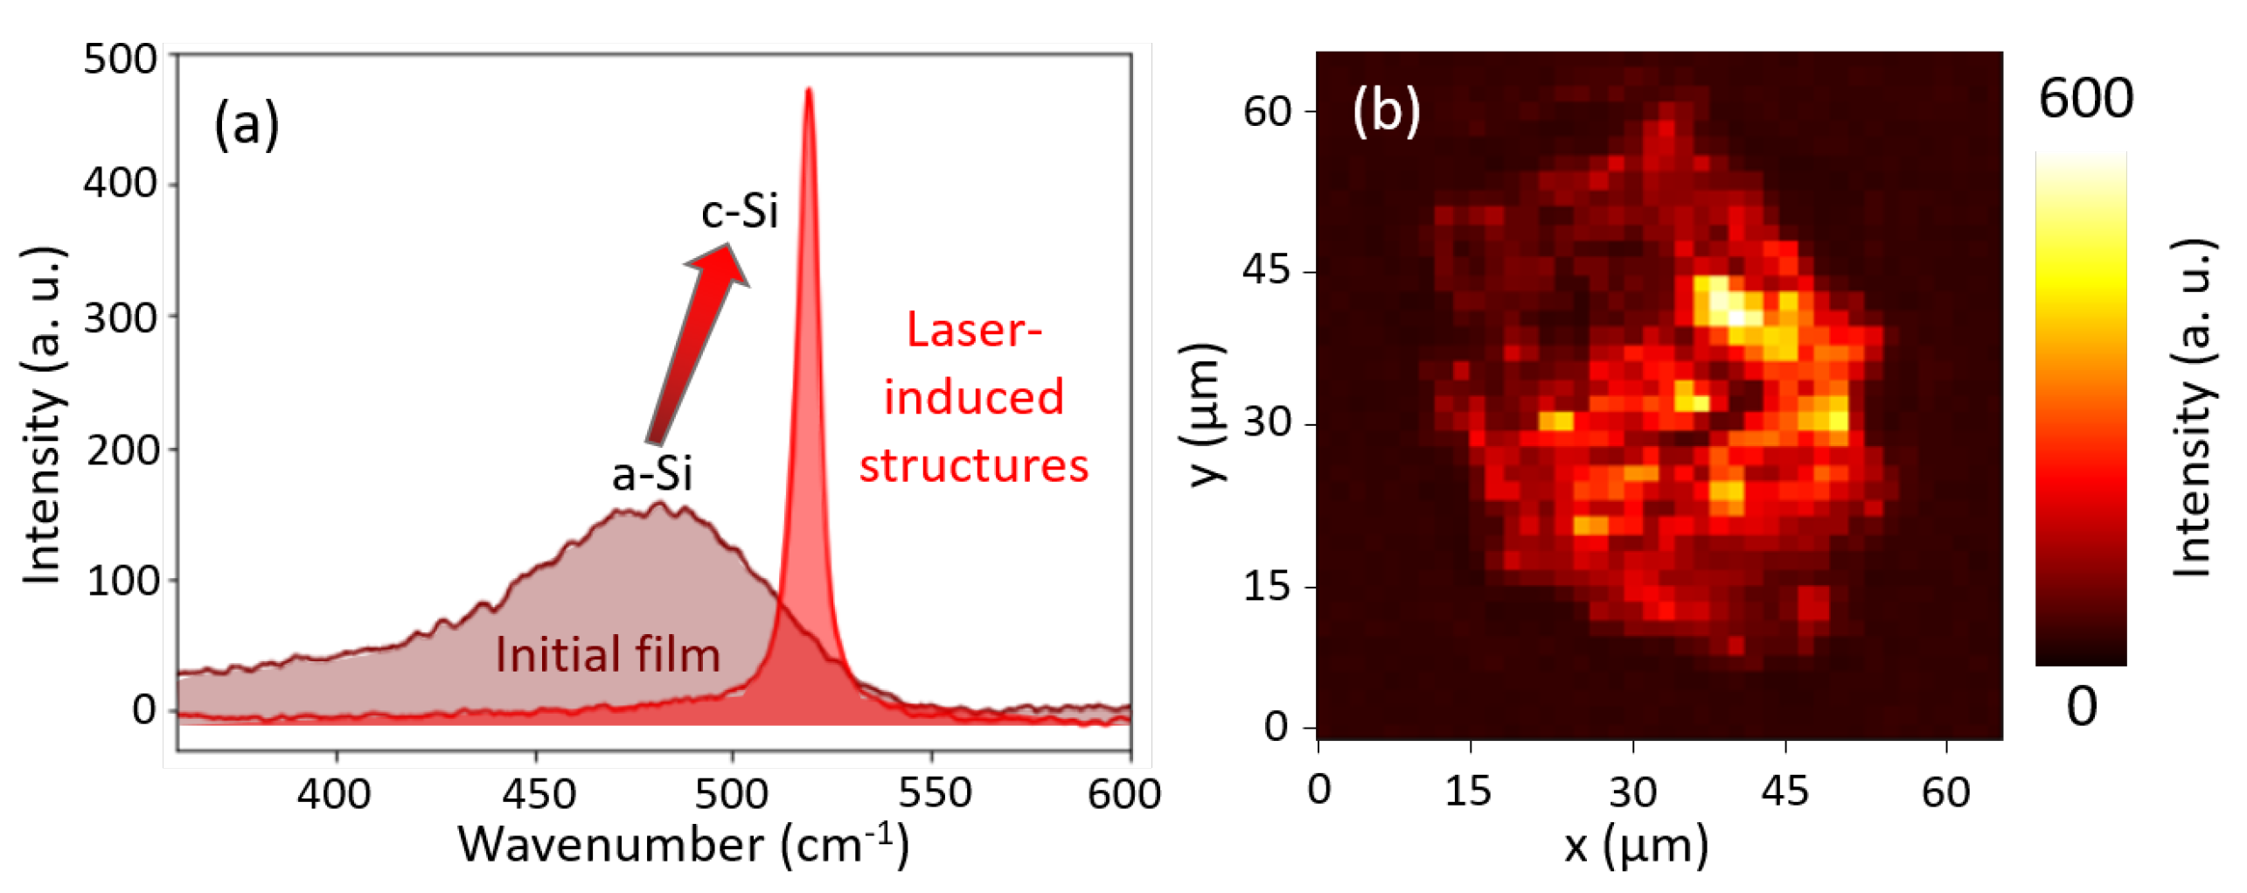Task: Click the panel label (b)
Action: (1386, 111)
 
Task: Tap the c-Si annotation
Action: (739, 211)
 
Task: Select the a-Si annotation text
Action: (651, 475)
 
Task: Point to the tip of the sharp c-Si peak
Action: (809, 90)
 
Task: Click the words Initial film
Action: (608, 654)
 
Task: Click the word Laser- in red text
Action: (974, 331)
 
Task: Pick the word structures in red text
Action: (974, 465)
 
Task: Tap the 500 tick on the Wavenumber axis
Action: (732, 793)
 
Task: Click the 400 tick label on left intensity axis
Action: (121, 184)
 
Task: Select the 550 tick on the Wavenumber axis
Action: (934, 793)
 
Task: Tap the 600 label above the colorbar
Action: (2085, 98)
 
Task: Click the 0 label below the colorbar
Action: (2081, 707)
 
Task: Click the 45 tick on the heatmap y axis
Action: (1266, 270)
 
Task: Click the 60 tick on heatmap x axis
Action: (1945, 792)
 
